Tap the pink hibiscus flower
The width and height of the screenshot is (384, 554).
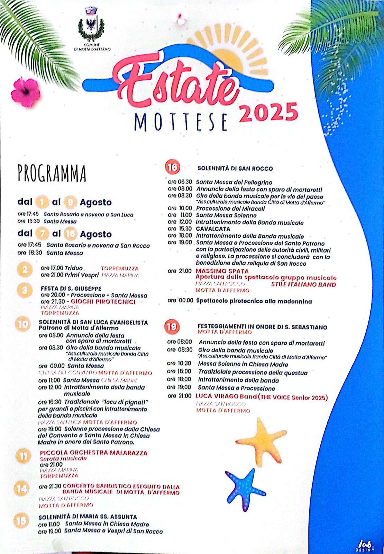coord(25,92)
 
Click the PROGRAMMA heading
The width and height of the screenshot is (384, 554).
coord(52,173)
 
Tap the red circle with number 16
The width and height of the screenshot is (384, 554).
coord(172,167)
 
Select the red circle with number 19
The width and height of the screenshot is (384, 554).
coord(172,327)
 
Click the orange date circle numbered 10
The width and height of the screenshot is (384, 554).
coord(23,324)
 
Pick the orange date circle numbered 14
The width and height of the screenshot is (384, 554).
coord(21,489)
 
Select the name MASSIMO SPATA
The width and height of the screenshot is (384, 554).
coord(222,271)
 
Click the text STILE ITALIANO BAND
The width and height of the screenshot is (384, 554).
coord(303,285)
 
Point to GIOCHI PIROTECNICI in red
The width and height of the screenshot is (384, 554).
coord(103,302)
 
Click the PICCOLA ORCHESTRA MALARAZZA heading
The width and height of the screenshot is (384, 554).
coord(93,453)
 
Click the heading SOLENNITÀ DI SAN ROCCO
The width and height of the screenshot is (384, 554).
coord(235,169)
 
